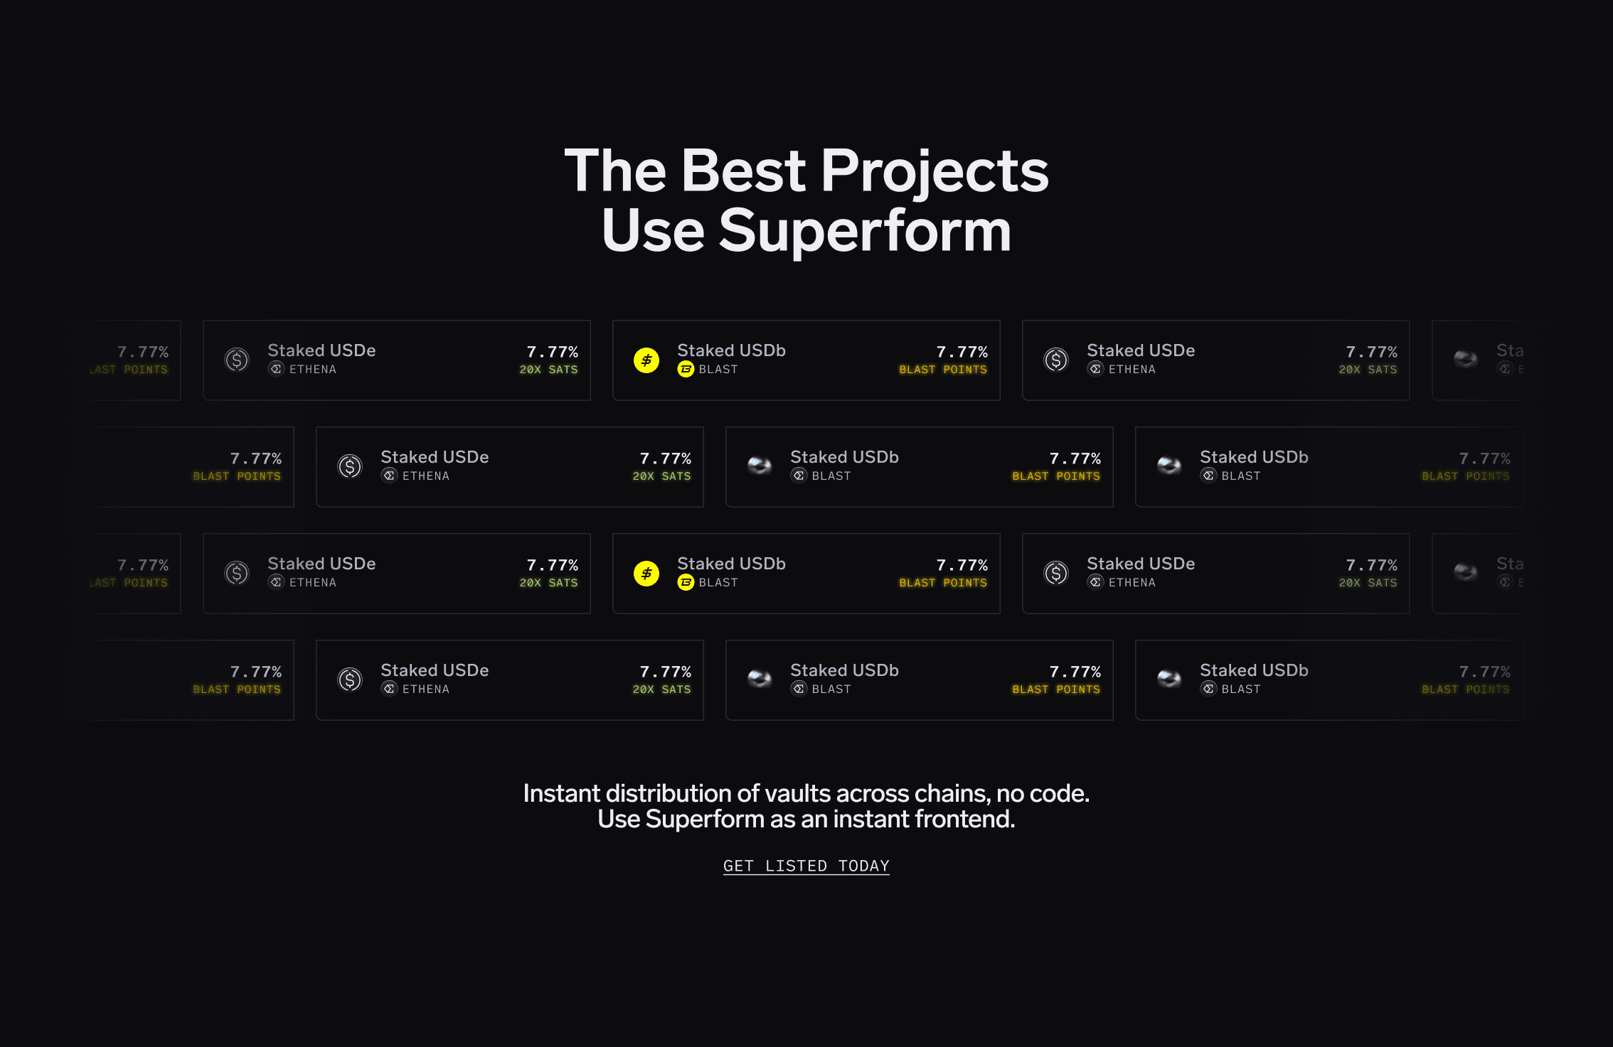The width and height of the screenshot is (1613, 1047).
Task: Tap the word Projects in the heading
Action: (x=935, y=171)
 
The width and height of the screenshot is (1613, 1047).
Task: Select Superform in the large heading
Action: (x=865, y=231)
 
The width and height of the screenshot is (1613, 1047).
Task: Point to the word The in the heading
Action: (x=615, y=171)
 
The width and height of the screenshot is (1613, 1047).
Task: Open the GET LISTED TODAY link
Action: (x=806, y=866)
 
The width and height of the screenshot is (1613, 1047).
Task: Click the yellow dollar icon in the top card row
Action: (x=646, y=360)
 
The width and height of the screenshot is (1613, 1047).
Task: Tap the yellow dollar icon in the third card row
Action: (x=646, y=574)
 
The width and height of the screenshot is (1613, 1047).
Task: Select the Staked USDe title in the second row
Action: (x=435, y=457)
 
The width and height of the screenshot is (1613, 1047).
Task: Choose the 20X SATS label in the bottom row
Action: (x=661, y=689)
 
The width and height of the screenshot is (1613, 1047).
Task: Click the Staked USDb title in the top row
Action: (x=731, y=350)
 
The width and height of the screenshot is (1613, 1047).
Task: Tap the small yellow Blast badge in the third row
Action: (x=686, y=583)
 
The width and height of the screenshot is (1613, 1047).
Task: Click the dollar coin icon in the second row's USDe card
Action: (x=350, y=466)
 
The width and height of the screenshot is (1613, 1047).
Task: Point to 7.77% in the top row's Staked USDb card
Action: (x=962, y=352)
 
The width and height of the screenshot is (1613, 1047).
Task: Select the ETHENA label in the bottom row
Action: (x=425, y=689)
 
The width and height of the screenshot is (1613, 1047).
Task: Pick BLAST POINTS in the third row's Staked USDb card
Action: (x=943, y=583)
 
